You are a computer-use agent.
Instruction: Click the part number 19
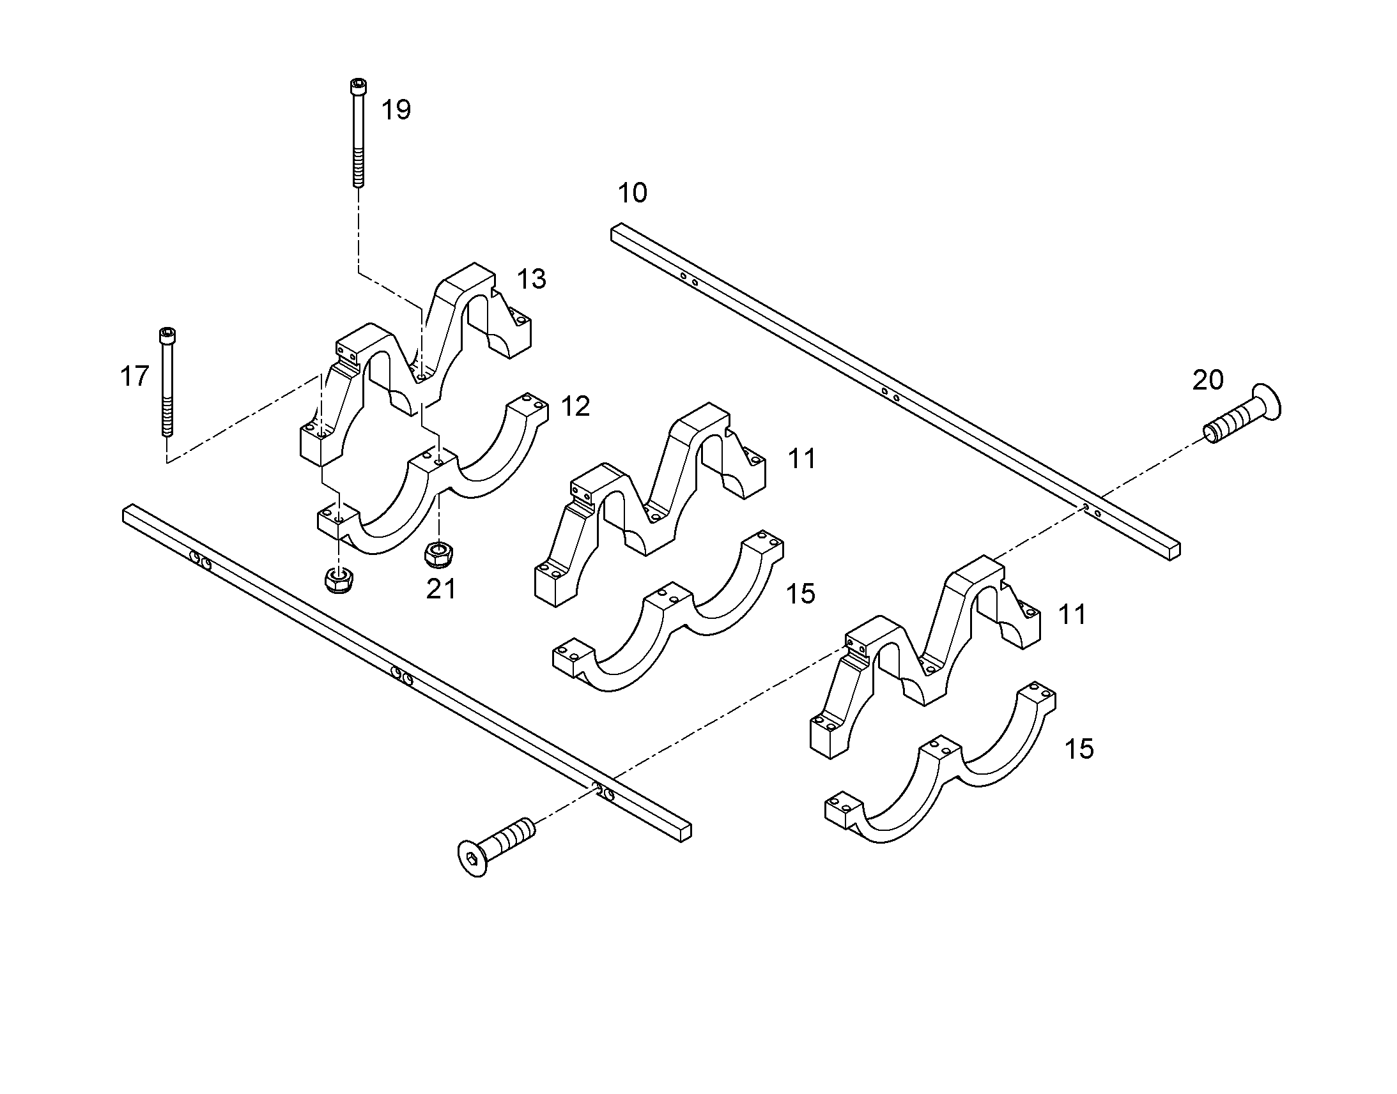click(396, 110)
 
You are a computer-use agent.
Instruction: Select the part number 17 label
click(135, 377)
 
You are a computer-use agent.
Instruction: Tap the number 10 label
click(633, 193)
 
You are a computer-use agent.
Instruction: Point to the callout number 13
click(532, 279)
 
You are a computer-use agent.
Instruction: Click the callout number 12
click(575, 407)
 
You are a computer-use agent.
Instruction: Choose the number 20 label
click(1208, 381)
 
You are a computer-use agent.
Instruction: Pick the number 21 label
click(442, 589)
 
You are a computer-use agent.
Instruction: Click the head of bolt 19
click(359, 86)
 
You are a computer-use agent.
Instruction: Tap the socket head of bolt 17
click(167, 335)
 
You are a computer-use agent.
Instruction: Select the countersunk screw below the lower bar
click(497, 847)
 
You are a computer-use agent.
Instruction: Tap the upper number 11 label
click(802, 459)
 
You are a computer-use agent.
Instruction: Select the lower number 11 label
click(1072, 615)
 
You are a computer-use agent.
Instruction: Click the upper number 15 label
click(800, 595)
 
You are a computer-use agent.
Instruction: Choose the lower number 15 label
click(1079, 748)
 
